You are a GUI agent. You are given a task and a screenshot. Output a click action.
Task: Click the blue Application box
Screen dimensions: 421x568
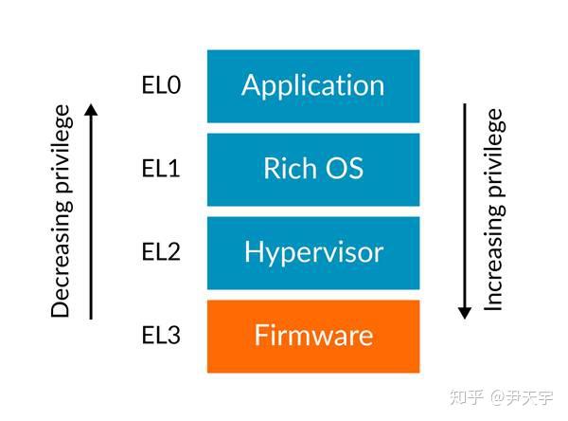(x=312, y=85)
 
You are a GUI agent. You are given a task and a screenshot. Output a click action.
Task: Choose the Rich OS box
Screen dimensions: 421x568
(x=312, y=169)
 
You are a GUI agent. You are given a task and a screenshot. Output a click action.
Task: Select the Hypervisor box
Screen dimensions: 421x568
(x=312, y=252)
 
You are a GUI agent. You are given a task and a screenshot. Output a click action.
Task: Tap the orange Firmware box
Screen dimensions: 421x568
(x=312, y=336)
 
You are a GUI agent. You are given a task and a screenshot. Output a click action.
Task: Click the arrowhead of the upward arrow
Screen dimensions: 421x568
(x=91, y=109)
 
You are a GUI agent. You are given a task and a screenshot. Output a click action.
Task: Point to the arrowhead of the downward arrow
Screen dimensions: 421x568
(x=464, y=312)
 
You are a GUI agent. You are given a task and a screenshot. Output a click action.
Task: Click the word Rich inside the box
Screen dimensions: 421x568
(x=285, y=169)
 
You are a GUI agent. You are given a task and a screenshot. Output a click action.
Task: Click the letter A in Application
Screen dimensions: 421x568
(x=252, y=85)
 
